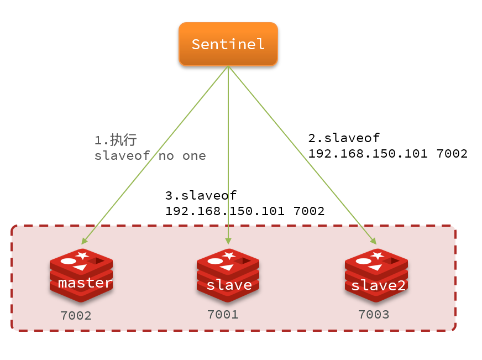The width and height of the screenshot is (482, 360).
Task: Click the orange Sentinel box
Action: (228, 44)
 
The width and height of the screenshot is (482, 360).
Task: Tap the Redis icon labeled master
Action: (81, 275)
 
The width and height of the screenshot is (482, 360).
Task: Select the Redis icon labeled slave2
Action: (376, 275)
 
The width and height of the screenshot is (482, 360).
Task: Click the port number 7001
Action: (223, 315)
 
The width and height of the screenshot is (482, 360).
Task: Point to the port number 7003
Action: (374, 315)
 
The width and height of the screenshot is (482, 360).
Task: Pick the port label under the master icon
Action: (76, 316)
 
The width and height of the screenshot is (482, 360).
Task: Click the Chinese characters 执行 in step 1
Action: (123, 140)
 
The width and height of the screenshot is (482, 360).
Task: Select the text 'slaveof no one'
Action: (150, 156)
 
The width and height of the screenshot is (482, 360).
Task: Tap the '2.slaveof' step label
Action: (344, 138)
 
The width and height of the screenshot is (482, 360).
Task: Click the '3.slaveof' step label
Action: (201, 196)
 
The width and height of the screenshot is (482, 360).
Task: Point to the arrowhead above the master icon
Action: (85, 241)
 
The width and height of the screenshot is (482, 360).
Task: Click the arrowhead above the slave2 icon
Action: (374, 241)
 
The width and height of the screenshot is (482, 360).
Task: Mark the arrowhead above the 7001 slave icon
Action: (228, 241)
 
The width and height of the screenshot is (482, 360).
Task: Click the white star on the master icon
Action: (82, 255)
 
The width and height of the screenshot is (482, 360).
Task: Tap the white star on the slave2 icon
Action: (378, 255)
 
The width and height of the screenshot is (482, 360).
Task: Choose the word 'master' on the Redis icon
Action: (85, 283)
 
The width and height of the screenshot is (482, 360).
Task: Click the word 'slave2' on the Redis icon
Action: (379, 285)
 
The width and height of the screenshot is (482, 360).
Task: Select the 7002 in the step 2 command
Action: (452, 154)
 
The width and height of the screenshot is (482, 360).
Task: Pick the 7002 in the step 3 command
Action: (309, 211)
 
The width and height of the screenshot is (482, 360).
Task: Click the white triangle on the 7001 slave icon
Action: (228, 268)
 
